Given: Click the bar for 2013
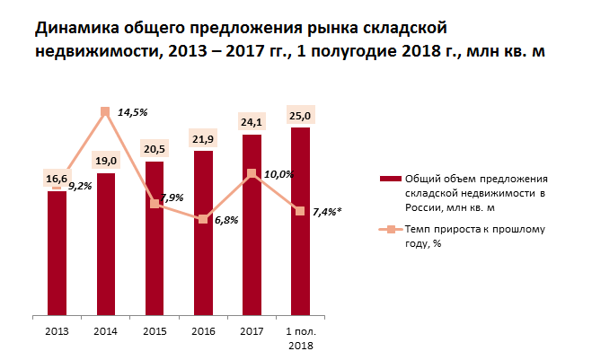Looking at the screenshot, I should [x=57, y=252].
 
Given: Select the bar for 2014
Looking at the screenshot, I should [x=106, y=243].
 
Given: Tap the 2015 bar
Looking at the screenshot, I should [x=155, y=238].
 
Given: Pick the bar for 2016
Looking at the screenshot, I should [x=204, y=233].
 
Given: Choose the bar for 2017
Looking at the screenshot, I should [x=252, y=224].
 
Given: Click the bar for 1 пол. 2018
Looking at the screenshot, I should [x=301, y=221].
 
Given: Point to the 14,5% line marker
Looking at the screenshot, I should [x=106, y=112].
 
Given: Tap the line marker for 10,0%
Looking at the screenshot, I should [x=252, y=174].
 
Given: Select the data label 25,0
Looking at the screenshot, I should [x=301, y=115].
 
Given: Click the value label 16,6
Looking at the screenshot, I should [x=57, y=179].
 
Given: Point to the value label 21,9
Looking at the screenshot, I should [x=204, y=137].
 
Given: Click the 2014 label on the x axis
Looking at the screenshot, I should [x=106, y=331].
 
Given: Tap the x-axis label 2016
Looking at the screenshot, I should [x=204, y=331].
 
